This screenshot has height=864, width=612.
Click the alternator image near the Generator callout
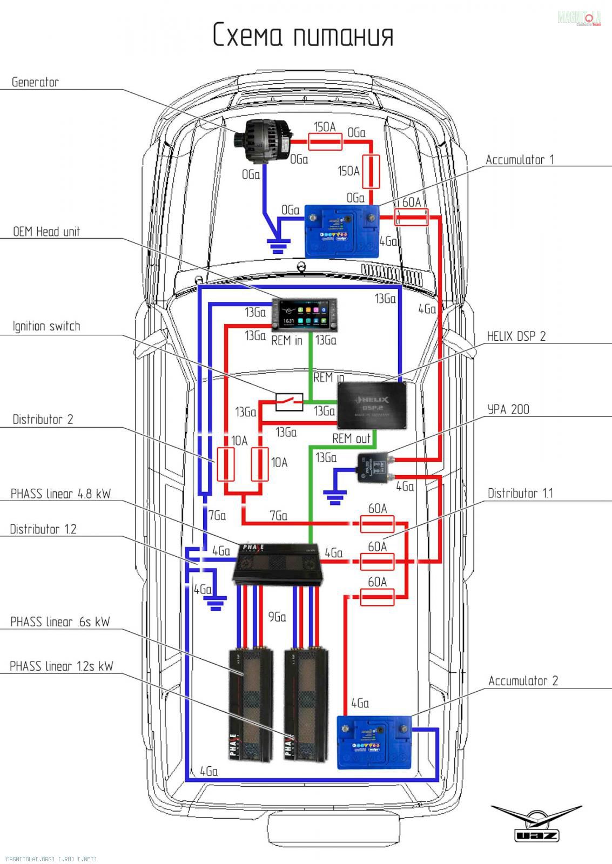coord(264,140)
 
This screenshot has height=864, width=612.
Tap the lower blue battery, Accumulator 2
coord(374,741)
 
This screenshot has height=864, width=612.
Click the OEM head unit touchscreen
coord(304,315)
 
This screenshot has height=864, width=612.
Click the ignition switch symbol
coord(289,401)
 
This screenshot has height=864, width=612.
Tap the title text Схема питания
coord(303,35)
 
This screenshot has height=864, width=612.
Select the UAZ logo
coord(536,822)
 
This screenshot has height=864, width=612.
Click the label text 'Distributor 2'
coord(43,419)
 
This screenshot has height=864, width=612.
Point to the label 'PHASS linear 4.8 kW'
coord(60,494)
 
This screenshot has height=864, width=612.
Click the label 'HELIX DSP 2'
coord(516,336)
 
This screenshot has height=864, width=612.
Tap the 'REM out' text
coord(351,438)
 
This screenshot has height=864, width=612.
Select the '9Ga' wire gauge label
coord(277,617)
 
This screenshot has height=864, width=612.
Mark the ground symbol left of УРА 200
coord(335,497)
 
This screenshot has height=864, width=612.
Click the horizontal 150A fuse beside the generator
coord(325,142)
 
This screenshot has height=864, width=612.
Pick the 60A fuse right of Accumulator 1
coord(412,217)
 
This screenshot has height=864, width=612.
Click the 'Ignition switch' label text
coord(46,326)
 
